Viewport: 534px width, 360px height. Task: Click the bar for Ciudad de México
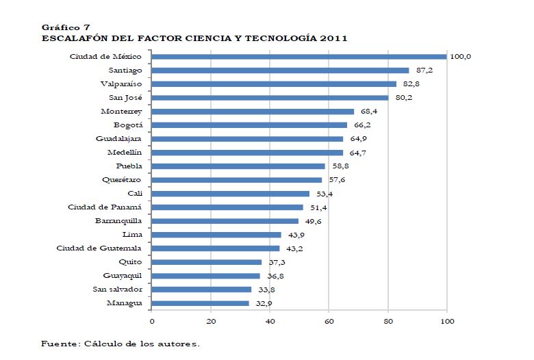298,57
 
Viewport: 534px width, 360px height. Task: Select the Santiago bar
280,70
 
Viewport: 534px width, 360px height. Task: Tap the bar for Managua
200,303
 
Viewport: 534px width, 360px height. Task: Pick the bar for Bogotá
249,125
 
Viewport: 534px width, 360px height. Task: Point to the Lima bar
216,235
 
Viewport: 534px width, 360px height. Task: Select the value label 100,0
460,56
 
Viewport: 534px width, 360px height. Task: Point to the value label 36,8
274,276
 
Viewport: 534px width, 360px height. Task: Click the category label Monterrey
121,111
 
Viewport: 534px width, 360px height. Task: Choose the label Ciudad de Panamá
105,207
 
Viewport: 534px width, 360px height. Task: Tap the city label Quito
130,261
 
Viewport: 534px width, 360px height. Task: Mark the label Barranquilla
118,220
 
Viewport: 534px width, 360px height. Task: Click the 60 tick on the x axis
329,320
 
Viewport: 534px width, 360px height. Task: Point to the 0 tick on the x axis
152,320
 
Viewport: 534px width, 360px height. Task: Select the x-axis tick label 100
446,320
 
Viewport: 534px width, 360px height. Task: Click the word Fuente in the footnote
59,343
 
